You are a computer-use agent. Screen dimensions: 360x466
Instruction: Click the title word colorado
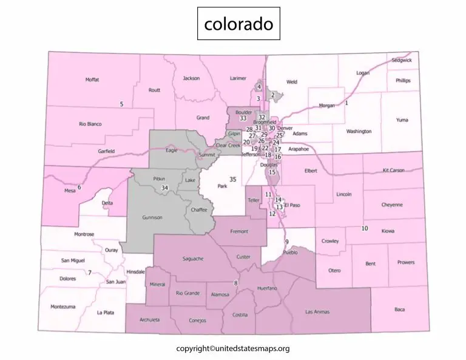tap(238, 24)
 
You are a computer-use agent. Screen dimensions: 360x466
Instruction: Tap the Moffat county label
tap(92, 80)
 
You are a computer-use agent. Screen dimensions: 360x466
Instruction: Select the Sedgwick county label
tap(401, 61)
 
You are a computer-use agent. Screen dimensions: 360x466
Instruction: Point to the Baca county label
tap(399, 310)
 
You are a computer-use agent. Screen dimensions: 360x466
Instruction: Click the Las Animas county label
tap(317, 312)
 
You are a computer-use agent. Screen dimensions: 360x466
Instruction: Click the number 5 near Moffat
tap(121, 104)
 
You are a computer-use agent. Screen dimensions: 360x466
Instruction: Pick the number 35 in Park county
tap(232, 180)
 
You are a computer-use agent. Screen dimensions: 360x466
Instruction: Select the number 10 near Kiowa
tap(365, 228)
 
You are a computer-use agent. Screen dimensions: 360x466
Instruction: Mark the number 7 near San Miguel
tap(89, 273)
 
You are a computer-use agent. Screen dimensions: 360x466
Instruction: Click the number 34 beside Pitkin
tap(164, 188)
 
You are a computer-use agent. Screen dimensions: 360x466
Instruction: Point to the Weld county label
tap(292, 81)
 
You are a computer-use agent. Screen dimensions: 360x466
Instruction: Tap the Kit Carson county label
tap(394, 171)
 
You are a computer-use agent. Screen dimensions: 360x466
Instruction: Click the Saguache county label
tap(193, 259)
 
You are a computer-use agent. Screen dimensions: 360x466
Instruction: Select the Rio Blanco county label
tap(90, 124)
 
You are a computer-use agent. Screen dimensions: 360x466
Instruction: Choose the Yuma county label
tap(402, 120)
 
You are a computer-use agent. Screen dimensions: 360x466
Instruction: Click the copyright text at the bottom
tap(232, 348)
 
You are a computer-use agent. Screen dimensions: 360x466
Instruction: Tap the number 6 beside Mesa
tap(79, 187)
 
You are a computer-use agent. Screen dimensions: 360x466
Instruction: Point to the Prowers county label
tap(406, 262)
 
